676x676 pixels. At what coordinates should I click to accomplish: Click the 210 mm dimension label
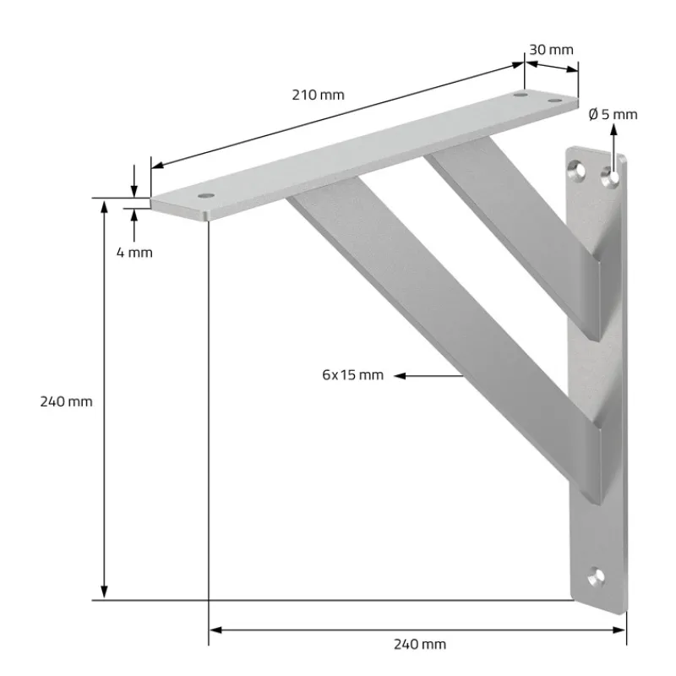(x=318, y=95)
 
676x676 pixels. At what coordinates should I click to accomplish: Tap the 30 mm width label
(x=551, y=49)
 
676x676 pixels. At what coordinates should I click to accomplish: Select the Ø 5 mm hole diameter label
(x=613, y=114)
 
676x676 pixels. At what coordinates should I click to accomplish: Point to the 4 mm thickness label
(x=134, y=252)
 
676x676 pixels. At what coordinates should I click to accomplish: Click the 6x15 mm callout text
(x=352, y=374)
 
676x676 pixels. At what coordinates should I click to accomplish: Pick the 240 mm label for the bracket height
(x=66, y=401)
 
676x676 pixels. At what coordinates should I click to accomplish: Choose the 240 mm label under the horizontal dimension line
(x=419, y=644)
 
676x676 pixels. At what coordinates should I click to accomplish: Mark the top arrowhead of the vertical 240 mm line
(x=104, y=206)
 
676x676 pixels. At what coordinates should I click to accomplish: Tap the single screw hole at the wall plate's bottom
(x=598, y=579)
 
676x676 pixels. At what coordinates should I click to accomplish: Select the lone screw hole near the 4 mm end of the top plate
(x=205, y=195)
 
